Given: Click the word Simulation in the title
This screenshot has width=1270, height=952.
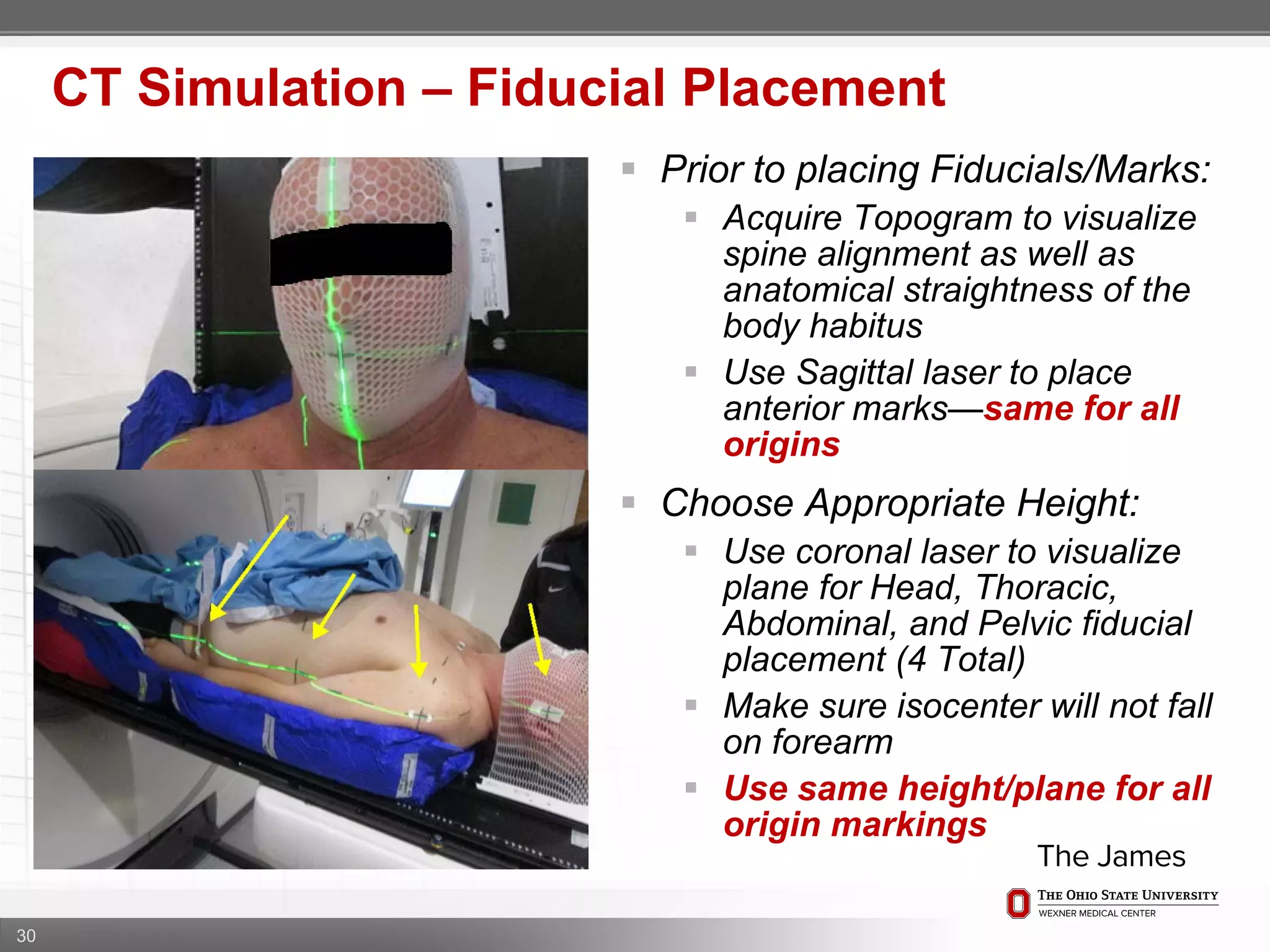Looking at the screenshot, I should (x=272, y=88).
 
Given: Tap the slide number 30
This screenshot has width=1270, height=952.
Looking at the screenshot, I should (x=26, y=935).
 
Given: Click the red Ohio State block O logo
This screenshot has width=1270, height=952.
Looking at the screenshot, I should (x=1018, y=903).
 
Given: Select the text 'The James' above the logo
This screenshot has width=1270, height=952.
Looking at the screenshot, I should (x=1111, y=857).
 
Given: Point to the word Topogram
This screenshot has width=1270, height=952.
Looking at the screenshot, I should (x=934, y=218).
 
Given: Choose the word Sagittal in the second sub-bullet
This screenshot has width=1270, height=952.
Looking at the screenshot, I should (x=854, y=372).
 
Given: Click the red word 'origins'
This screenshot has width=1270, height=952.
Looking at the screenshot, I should (x=781, y=444).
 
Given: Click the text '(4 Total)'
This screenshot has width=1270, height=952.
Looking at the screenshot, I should (x=961, y=659).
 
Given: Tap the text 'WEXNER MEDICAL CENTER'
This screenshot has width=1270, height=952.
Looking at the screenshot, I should (x=1096, y=914).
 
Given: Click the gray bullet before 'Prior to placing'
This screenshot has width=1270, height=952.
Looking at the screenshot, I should (x=628, y=169).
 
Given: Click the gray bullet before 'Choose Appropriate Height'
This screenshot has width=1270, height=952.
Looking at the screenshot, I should (x=628, y=502).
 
